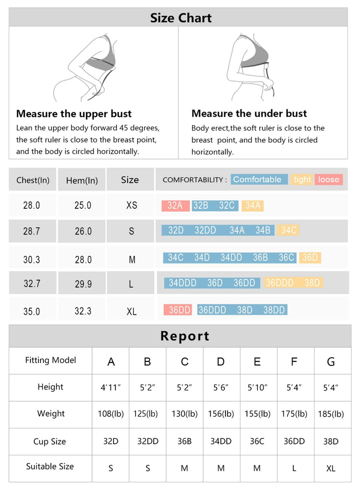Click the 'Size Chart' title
[x=181, y=18]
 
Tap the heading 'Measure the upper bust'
[x=74, y=114]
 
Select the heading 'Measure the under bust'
[x=249, y=114]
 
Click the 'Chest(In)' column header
[x=33, y=180]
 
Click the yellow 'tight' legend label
[x=302, y=180]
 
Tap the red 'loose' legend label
[x=328, y=180]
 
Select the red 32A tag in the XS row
[x=175, y=205]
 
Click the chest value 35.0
[x=31, y=311]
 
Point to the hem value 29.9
[x=83, y=284]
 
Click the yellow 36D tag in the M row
[x=309, y=258]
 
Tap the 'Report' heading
[x=184, y=336]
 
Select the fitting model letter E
[x=257, y=361]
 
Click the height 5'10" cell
[x=257, y=387]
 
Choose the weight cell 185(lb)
[x=331, y=414]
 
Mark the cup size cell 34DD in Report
[x=220, y=441]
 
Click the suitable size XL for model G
[x=331, y=468]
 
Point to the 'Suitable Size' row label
[x=50, y=466]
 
